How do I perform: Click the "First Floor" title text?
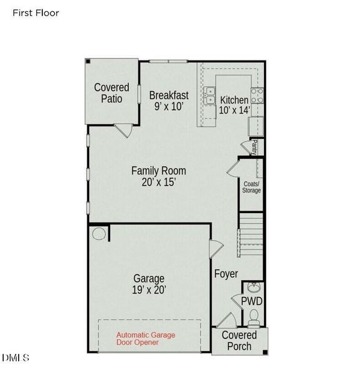click(x=36, y=12)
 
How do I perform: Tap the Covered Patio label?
click(x=111, y=93)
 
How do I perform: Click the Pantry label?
click(x=255, y=147)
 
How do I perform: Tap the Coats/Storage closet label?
click(x=252, y=186)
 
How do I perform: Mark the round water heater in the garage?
click(x=98, y=234)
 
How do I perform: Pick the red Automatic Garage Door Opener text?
click(x=146, y=338)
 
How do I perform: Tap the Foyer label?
click(x=226, y=274)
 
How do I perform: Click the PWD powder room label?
click(x=252, y=302)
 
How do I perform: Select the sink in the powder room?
click(x=253, y=288)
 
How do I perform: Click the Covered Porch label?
click(x=240, y=341)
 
